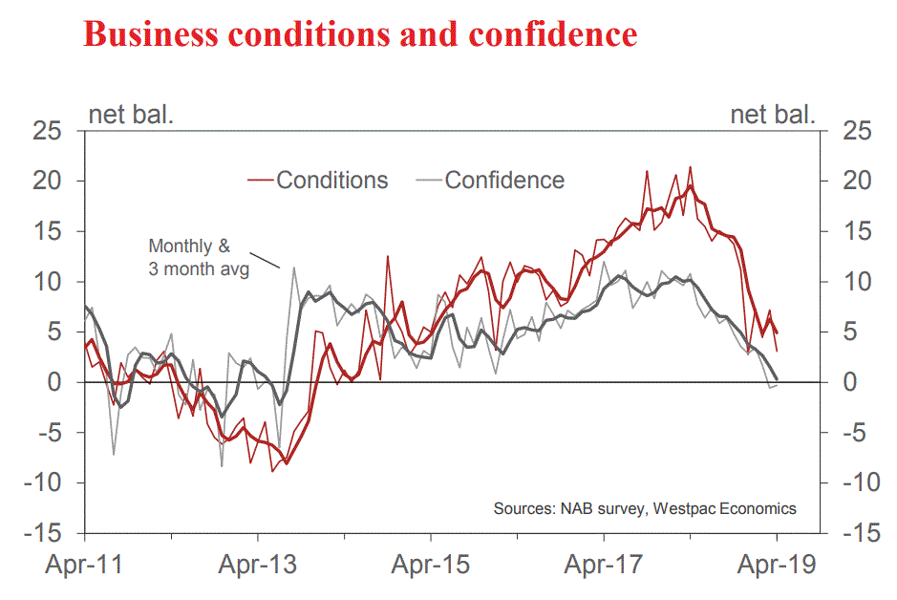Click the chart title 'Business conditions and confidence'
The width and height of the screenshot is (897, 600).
360,34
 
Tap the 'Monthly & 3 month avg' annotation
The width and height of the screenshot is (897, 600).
198,257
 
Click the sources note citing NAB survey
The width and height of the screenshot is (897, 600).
644,508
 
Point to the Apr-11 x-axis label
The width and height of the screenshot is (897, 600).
85,565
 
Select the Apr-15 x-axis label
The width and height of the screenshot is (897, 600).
431,565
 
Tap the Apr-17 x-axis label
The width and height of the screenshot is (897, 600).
604,565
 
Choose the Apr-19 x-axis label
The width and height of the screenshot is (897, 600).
777,565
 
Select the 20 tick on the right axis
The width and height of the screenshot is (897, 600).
853,181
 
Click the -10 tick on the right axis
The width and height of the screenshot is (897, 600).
849,482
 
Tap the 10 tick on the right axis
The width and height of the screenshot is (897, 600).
853,282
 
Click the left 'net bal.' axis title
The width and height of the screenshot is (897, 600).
131,116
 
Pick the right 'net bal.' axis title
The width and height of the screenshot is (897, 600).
773,116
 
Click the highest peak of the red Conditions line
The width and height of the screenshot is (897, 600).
690,167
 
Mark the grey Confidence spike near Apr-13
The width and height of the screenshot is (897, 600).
293,268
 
